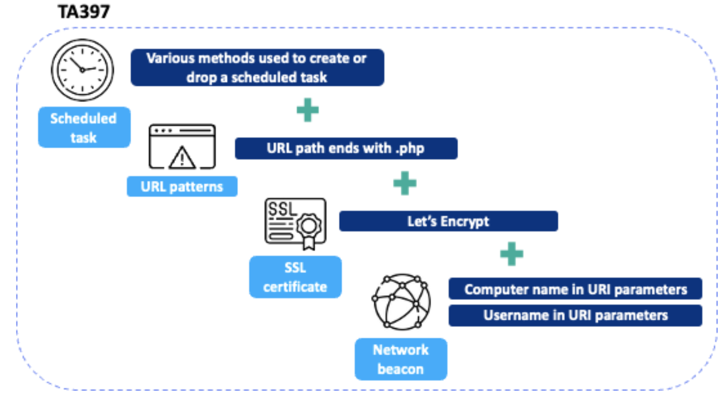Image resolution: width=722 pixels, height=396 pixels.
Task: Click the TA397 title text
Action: tap(84, 11)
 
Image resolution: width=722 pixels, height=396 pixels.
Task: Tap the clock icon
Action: tap(82, 70)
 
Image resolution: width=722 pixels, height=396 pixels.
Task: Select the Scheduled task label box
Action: tap(84, 127)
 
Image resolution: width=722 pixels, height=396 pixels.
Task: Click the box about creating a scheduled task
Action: tap(257, 68)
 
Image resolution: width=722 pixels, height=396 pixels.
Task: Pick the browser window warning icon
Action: tap(182, 147)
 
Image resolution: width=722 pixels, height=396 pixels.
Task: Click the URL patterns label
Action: tap(182, 187)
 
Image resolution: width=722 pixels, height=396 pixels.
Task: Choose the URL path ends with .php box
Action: tap(346, 148)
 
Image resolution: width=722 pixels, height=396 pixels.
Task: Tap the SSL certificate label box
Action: tap(295, 277)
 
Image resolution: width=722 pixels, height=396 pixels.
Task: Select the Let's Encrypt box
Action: tap(448, 221)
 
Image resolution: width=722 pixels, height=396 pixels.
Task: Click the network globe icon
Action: tap(401, 302)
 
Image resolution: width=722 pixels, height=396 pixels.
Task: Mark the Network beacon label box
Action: tap(401, 359)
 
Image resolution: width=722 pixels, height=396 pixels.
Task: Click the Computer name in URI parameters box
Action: tap(575, 289)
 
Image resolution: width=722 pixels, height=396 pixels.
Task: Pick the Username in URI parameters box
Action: tap(575, 315)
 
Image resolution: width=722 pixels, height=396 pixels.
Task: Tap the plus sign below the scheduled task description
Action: tap(307, 110)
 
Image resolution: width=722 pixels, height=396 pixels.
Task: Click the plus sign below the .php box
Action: tap(405, 183)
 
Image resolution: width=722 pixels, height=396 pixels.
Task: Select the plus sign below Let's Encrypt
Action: tap(511, 254)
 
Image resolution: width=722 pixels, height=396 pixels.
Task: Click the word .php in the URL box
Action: tap(410, 149)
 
